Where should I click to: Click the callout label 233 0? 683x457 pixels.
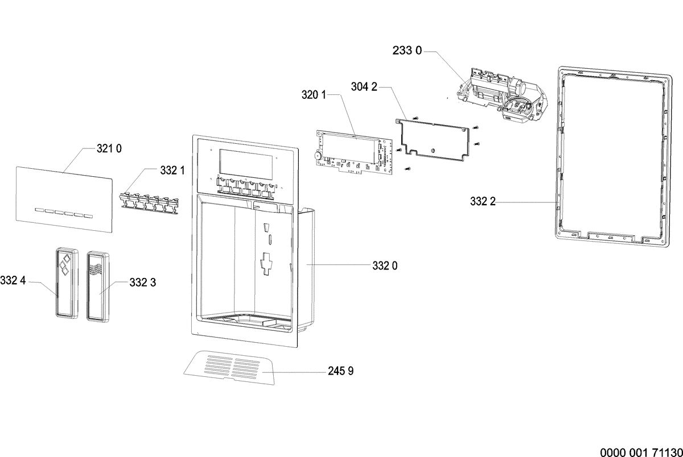[407, 51]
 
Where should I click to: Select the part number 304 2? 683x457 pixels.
[364, 87]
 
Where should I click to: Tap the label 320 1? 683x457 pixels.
[314, 95]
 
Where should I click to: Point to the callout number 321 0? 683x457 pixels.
[109, 148]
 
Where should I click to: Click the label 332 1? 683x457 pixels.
[172, 171]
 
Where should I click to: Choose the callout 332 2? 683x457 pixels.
[483, 202]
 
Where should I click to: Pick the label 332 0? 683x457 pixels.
[385, 266]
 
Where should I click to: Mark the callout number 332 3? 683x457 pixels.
[143, 282]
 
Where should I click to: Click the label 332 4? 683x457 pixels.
[13, 280]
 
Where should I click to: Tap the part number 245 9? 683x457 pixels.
[340, 371]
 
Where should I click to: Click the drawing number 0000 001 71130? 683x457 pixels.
[641, 452]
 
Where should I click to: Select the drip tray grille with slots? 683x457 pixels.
[229, 368]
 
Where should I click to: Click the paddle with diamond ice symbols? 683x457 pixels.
[67, 283]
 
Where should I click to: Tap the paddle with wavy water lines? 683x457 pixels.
[98, 286]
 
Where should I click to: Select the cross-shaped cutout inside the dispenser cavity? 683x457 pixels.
[266, 264]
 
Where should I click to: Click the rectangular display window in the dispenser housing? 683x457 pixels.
[245, 165]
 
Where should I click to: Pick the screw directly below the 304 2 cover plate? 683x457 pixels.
[408, 168]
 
